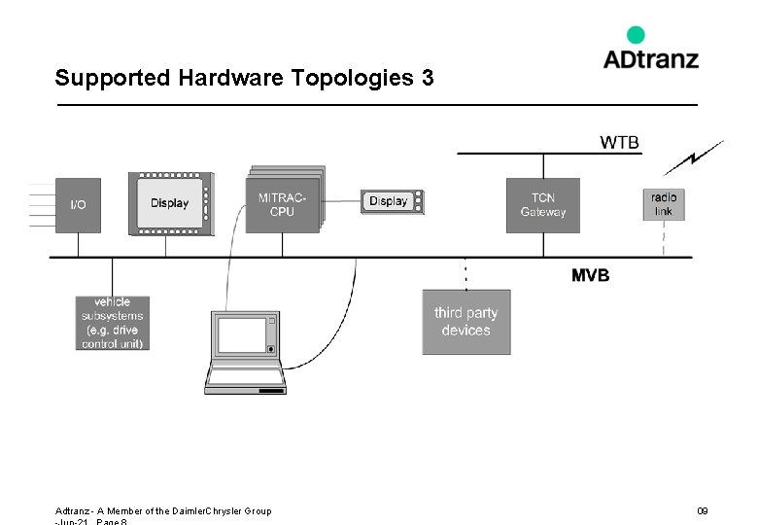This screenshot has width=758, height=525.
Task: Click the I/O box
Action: coord(78,205)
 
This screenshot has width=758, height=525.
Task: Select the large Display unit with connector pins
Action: coord(170,203)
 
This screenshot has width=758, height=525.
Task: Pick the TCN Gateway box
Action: coord(542,205)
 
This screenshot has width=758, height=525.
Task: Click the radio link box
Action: coord(664,204)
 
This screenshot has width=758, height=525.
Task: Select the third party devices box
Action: coord(465,322)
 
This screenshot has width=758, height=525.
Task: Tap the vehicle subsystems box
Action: coord(113,323)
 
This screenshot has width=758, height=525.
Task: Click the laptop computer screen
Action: coord(242,335)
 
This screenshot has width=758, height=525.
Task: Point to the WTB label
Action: coord(619,143)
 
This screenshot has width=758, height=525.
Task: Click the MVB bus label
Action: coord(590,275)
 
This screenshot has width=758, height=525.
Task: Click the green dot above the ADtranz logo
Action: coord(636,35)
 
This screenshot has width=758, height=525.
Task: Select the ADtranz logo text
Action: coord(650,59)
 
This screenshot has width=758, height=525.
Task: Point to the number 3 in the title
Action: coord(428,78)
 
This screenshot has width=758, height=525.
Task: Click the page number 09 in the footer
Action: coord(702,510)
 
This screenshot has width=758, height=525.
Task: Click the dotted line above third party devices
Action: coord(465,274)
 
